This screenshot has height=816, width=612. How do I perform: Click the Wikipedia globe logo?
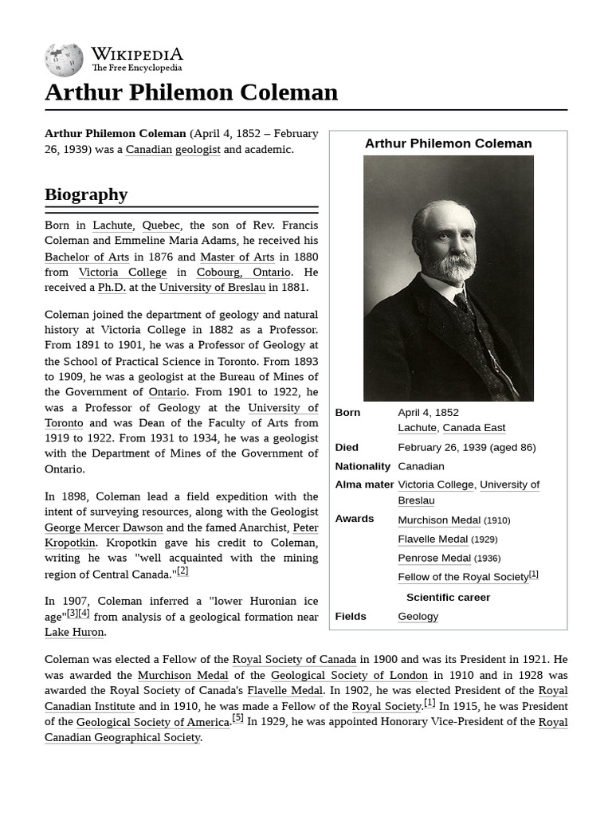click(64, 60)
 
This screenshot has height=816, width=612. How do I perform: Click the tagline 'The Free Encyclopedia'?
click(136, 69)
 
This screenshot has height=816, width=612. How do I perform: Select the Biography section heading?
click(86, 194)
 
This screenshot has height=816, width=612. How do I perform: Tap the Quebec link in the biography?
click(161, 226)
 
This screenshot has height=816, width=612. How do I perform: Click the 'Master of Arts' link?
click(237, 257)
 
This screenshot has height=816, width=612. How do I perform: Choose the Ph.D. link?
click(112, 288)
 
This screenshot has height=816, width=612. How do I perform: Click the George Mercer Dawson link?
click(104, 528)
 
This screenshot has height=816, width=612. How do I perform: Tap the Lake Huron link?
click(74, 632)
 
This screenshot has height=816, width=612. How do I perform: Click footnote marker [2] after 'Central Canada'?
click(182, 571)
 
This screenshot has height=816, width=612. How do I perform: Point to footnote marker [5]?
click(237, 718)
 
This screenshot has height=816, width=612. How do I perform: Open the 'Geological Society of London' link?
click(350, 675)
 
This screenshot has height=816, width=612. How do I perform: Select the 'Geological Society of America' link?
click(153, 722)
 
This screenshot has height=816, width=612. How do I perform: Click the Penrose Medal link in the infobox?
click(434, 559)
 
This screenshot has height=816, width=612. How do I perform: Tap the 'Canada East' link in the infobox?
click(473, 428)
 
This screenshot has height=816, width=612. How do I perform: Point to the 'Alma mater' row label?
click(364, 484)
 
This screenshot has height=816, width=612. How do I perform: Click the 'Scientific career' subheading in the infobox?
click(448, 597)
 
